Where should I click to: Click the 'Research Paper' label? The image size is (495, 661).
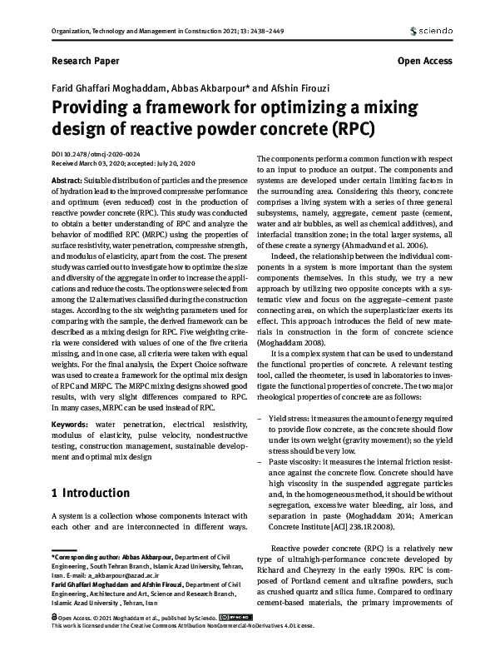click(86, 61)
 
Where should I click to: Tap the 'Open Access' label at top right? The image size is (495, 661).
click(425, 61)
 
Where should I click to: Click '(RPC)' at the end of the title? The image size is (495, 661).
click(354, 130)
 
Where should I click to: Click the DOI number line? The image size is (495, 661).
click(97, 155)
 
